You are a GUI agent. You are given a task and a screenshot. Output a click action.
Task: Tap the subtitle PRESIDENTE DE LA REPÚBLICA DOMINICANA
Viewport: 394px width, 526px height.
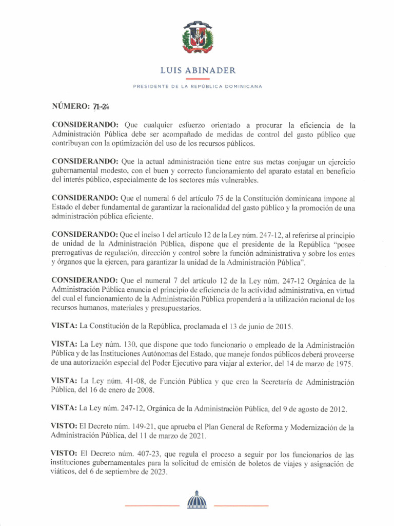tap(197, 87)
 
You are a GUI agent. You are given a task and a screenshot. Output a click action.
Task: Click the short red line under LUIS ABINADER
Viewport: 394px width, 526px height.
tap(197, 79)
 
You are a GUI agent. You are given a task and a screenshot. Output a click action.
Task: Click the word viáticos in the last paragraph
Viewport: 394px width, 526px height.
tap(63, 473)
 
